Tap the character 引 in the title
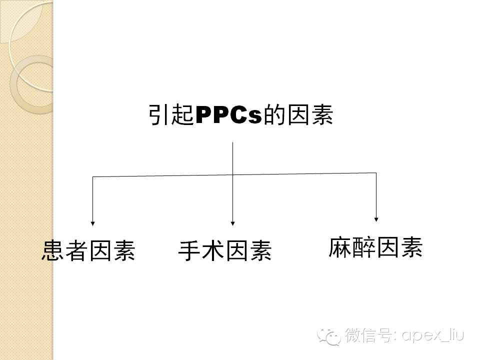click(x=159, y=115)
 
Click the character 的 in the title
click(x=274, y=115)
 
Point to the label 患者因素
click(x=88, y=250)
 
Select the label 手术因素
click(x=224, y=250)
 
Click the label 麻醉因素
click(x=375, y=247)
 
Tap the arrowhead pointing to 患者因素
click(x=92, y=223)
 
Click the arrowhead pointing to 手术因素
click(x=232, y=223)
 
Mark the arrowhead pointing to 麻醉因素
click(x=376, y=219)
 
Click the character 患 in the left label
click(x=53, y=250)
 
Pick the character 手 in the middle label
click(x=189, y=250)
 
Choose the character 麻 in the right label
click(x=340, y=247)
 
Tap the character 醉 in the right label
click(x=363, y=247)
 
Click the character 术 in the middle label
click(x=213, y=250)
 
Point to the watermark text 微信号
click(x=368, y=335)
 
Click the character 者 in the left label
click(x=76, y=250)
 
